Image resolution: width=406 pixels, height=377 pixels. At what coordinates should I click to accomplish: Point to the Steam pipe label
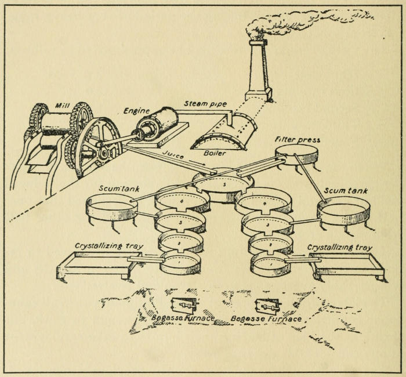[x=205, y=104]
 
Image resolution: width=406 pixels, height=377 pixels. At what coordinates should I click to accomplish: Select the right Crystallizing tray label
[x=339, y=247]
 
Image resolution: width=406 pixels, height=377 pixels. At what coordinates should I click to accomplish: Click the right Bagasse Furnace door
[x=267, y=306]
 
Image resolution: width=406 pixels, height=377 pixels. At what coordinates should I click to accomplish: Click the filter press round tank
[x=297, y=154]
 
